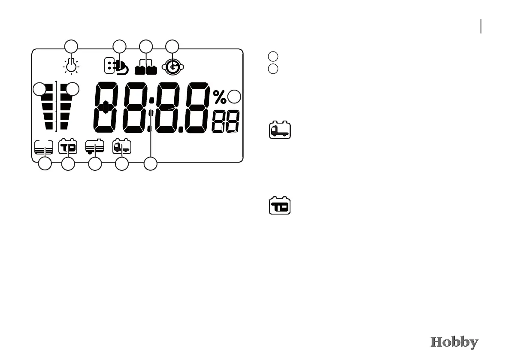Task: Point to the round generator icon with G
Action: click(172, 67)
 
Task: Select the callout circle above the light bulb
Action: click(71, 46)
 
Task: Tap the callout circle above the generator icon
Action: click(172, 46)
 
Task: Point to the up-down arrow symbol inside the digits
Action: click(106, 107)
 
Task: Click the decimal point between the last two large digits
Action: click(182, 129)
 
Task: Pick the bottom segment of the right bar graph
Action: click(64, 126)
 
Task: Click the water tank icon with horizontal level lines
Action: click(44, 148)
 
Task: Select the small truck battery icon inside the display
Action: click(122, 147)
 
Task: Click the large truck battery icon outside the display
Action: click(280, 130)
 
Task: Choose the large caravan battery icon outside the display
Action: click(280, 206)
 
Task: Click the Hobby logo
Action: click(454, 343)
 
